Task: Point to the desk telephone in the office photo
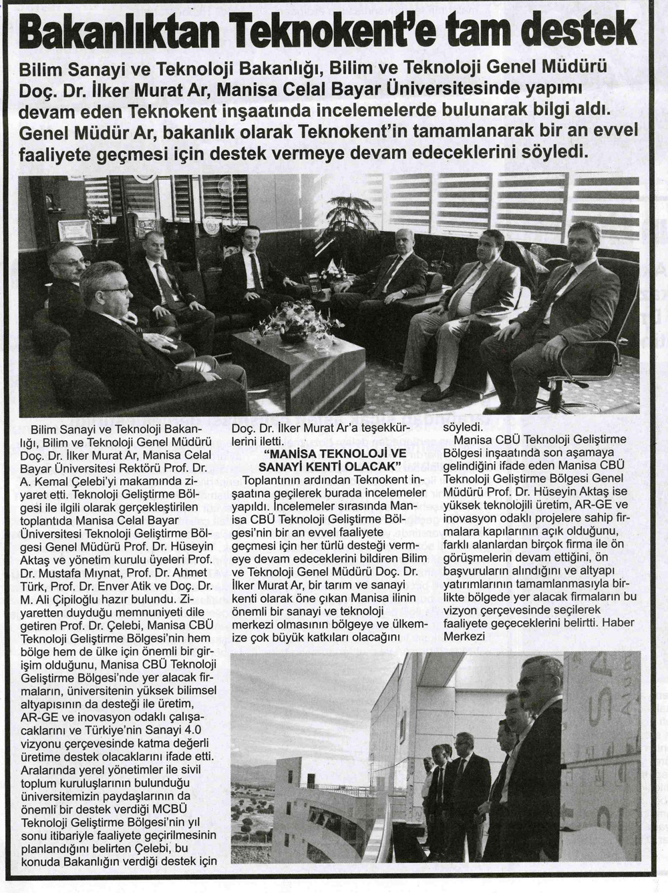[x=312, y=282]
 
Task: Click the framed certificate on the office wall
[x=74, y=229]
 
